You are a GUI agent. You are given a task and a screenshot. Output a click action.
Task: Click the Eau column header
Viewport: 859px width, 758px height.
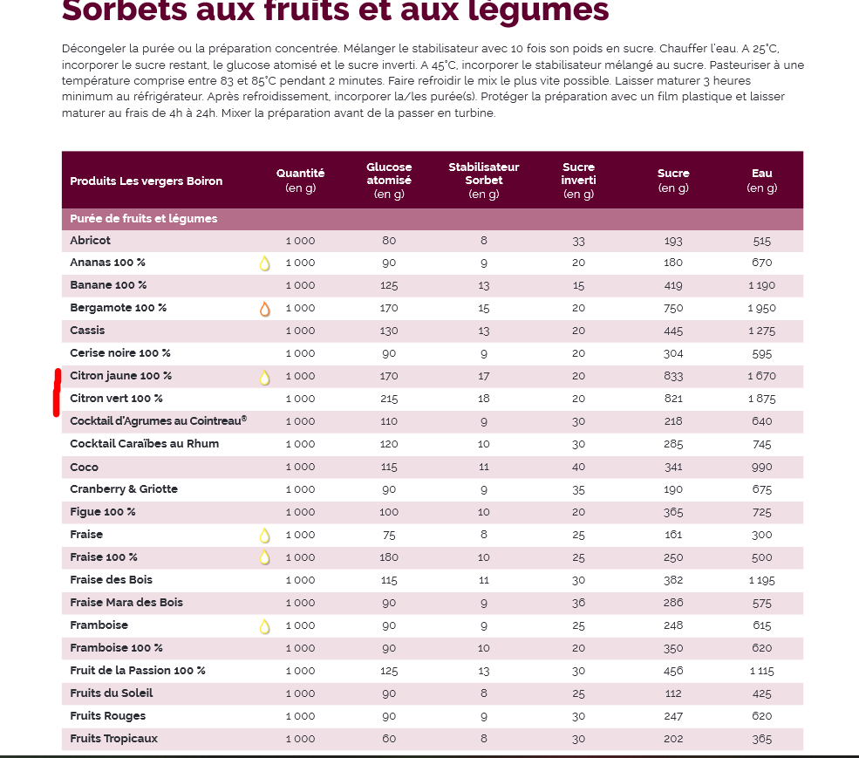coord(761,181)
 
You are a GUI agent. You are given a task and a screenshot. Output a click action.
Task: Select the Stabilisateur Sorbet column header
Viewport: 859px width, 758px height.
coord(483,180)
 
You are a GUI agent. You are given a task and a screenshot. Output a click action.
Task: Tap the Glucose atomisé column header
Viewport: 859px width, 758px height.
coord(389,180)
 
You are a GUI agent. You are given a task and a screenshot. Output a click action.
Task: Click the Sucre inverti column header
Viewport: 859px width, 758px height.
coord(578,180)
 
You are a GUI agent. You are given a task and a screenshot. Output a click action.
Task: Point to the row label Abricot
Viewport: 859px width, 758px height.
coord(91,241)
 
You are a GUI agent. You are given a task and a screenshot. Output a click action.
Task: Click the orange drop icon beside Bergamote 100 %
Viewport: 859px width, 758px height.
coord(265,309)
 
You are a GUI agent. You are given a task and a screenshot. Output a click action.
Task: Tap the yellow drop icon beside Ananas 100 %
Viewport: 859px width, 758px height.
coord(265,263)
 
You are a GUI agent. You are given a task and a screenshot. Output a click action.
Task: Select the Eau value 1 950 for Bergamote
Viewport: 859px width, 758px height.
coord(761,308)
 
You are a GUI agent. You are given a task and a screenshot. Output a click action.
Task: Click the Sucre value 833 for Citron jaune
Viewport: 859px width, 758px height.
coord(673,376)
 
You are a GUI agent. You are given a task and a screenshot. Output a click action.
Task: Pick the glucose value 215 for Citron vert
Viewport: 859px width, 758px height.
coord(388,399)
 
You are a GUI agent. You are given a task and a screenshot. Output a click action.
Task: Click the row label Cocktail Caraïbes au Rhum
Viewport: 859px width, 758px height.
coord(145,444)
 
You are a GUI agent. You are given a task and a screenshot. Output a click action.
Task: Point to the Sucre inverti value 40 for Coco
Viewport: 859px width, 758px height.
coord(578,467)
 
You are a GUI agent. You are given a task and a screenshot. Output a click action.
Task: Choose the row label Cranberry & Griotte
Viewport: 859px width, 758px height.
coord(124,489)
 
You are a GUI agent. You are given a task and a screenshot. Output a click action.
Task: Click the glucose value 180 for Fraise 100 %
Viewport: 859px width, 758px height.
coord(388,557)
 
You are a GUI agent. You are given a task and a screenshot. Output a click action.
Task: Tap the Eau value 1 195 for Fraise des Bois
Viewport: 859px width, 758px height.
coord(761,580)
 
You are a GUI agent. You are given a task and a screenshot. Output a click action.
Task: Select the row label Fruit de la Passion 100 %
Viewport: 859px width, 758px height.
coord(138,671)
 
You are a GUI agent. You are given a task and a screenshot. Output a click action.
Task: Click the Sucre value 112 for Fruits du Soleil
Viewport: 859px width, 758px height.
coord(673,693)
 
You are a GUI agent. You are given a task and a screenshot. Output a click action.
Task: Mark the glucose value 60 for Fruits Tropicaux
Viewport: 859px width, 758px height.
coord(388,739)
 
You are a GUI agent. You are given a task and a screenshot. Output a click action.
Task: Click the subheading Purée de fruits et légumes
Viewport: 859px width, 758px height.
coord(144,219)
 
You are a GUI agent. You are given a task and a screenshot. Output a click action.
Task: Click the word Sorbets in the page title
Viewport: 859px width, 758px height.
coord(121,10)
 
